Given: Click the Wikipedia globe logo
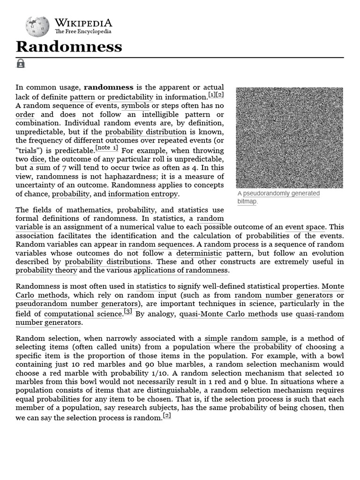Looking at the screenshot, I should [37, 26].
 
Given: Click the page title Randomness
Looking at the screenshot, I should [69, 46].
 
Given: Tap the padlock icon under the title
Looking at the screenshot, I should [21, 63].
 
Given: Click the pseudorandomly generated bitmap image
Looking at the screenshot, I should [289, 137].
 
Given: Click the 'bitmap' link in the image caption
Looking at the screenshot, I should [247, 201].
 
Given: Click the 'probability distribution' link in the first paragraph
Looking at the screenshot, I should [146, 132].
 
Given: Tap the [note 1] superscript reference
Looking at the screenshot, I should [107, 148].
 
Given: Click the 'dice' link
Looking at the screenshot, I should [37, 159].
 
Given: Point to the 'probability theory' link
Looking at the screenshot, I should [46, 270].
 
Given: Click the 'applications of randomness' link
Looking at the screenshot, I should [181, 270].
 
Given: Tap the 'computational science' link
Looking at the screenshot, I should [83, 314].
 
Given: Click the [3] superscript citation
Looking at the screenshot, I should [128, 311].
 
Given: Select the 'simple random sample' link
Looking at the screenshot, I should [245, 338].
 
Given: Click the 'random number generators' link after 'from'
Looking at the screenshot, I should [284, 295].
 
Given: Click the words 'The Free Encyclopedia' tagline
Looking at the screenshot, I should [83, 31].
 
